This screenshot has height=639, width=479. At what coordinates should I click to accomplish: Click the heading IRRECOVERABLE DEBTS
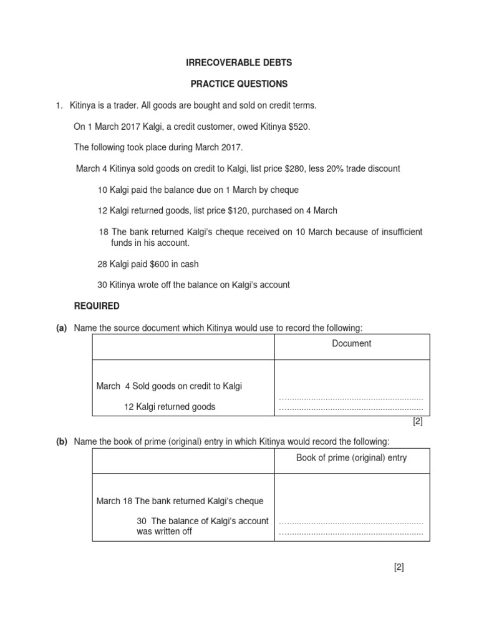pyautogui.click(x=239, y=63)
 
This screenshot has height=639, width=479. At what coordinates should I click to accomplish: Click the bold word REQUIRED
pyautogui.click(x=97, y=306)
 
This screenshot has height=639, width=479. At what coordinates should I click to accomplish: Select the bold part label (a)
pyautogui.click(x=61, y=328)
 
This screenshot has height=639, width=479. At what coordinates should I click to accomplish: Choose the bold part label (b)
pyautogui.click(x=61, y=442)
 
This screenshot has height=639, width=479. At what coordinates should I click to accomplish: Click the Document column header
pyautogui.click(x=351, y=343)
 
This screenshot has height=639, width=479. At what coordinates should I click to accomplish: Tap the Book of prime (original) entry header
pyautogui.click(x=351, y=458)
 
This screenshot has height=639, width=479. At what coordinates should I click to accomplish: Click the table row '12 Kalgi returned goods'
pyautogui.click(x=170, y=407)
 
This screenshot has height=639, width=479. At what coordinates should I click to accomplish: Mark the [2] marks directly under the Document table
pyautogui.click(x=417, y=421)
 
